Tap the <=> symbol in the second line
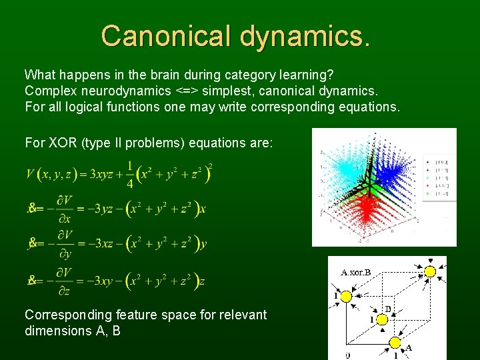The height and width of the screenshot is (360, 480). pyautogui.click(x=189, y=90)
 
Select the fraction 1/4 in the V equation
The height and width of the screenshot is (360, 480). pyautogui.click(x=131, y=175)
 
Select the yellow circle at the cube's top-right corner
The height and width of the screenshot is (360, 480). pyautogui.click(x=430, y=271)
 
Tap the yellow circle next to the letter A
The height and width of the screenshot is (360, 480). pyautogui.click(x=395, y=343)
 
